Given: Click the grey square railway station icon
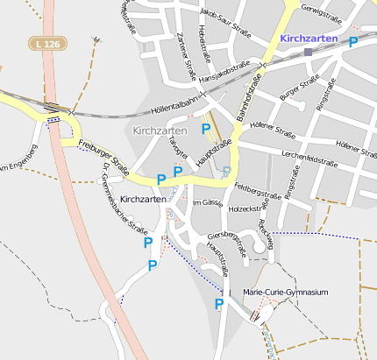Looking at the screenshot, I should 308,53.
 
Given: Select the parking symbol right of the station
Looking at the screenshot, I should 353,41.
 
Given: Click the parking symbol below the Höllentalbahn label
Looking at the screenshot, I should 206,129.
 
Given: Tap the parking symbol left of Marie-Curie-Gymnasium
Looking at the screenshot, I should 219,304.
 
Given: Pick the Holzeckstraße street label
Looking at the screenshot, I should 246,209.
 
